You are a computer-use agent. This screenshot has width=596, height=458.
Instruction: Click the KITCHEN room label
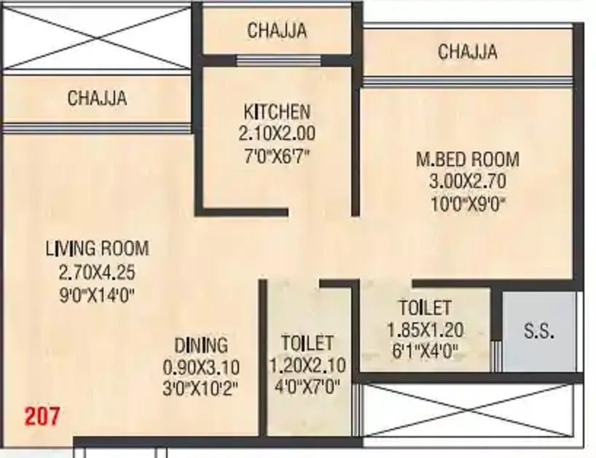(x=276, y=112)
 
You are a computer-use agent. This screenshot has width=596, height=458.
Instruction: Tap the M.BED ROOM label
(x=467, y=159)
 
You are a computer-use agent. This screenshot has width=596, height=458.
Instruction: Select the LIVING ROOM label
(x=97, y=248)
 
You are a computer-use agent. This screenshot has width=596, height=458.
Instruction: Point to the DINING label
(x=200, y=345)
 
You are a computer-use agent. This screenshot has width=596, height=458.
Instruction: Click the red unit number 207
(x=43, y=417)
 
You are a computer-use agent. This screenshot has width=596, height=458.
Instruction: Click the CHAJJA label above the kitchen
(x=276, y=31)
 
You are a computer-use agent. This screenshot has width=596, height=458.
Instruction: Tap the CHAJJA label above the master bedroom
(x=467, y=52)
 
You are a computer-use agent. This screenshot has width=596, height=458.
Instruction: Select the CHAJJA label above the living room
(x=97, y=98)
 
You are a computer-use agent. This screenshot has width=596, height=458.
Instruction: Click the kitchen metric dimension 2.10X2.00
(x=276, y=133)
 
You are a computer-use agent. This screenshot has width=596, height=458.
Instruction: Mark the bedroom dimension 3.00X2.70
(x=467, y=181)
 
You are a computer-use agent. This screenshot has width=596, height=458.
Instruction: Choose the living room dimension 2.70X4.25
(x=97, y=273)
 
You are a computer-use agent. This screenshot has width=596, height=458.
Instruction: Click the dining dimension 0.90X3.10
(x=200, y=366)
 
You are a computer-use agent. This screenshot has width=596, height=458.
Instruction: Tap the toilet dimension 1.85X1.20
(x=426, y=330)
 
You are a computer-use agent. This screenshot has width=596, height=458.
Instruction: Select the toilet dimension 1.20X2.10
(x=307, y=365)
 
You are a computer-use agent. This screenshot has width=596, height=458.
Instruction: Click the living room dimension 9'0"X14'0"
(x=97, y=295)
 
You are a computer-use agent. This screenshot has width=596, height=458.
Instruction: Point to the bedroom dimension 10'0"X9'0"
(x=467, y=203)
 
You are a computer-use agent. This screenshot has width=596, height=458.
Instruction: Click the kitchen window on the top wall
(x=276, y=61)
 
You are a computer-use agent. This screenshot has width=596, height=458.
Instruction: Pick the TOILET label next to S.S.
(x=425, y=308)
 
